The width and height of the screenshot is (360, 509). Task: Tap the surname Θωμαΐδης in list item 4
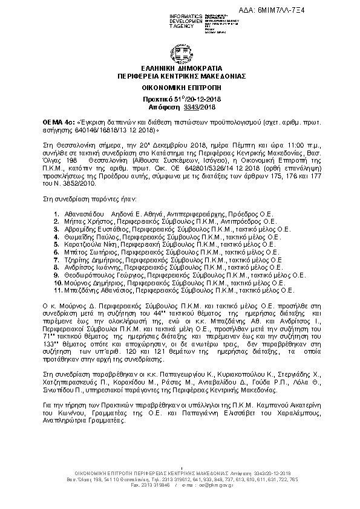(76, 238)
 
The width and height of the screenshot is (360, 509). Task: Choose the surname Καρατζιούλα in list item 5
(80, 245)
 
